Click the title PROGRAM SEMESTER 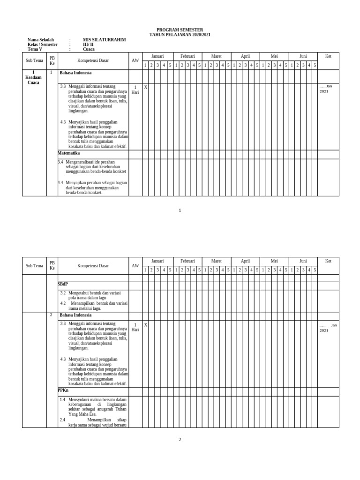coord(180,30)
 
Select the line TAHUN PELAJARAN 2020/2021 coord(180,35)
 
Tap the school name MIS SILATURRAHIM coord(104,40)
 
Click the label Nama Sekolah coord(41,40)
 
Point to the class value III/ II coord(88,45)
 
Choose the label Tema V coord(35,49)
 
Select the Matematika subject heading coord(69,153)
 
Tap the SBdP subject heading coord(63,285)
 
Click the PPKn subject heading coord(63,390)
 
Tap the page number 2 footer coord(180,440)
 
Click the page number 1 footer coord(180,210)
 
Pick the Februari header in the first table coord(187,56)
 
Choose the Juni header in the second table coord(303,261)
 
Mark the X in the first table coord(146,87)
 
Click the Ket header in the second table coord(328,261)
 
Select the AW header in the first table coord(135,61)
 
